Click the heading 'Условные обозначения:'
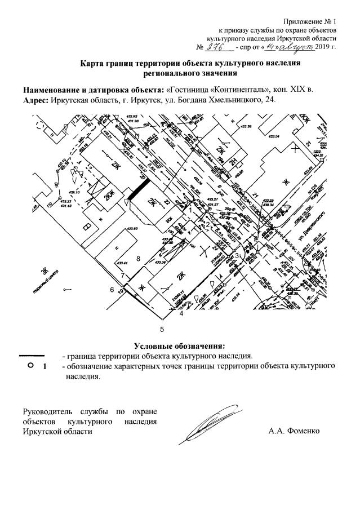[179, 345]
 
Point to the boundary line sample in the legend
[33, 356]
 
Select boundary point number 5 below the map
[162, 327]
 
